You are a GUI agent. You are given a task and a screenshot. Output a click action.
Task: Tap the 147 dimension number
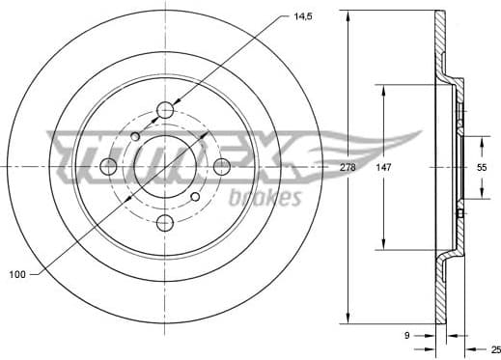pos(384,167)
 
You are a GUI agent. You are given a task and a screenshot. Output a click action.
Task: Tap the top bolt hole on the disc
pos(165,108)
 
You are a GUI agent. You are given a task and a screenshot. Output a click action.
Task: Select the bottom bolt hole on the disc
pos(165,224)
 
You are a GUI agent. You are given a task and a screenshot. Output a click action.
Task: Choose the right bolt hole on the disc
pos(223,166)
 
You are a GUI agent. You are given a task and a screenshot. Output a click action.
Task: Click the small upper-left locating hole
pos(135,137)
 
